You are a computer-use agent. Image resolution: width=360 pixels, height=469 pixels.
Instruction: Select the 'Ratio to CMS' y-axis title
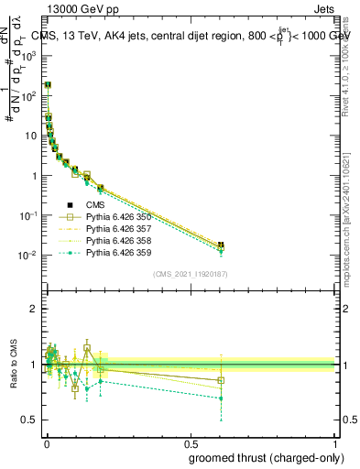tap(14, 365)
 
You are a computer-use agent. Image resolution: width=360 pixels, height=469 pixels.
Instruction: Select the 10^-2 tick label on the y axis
tap(28, 256)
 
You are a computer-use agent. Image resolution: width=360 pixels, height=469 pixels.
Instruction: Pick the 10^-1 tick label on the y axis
tap(28, 215)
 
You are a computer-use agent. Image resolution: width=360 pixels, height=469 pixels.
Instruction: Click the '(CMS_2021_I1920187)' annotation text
tap(189, 274)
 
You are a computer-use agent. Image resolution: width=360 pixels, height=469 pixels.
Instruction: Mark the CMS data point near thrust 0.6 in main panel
tap(220, 245)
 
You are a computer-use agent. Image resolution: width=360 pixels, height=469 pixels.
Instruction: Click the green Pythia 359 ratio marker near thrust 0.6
tap(220, 398)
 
